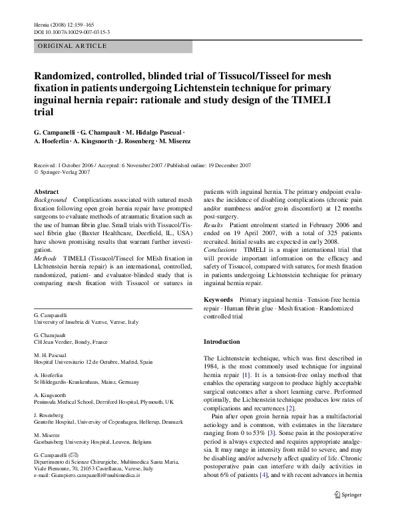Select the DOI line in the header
click(71, 31)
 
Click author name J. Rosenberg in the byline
click(138, 141)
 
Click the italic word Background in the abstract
click(50, 200)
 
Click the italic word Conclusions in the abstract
click(220, 249)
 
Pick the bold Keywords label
click(218, 300)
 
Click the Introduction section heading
click(221, 341)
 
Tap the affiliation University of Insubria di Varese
click(86, 322)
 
